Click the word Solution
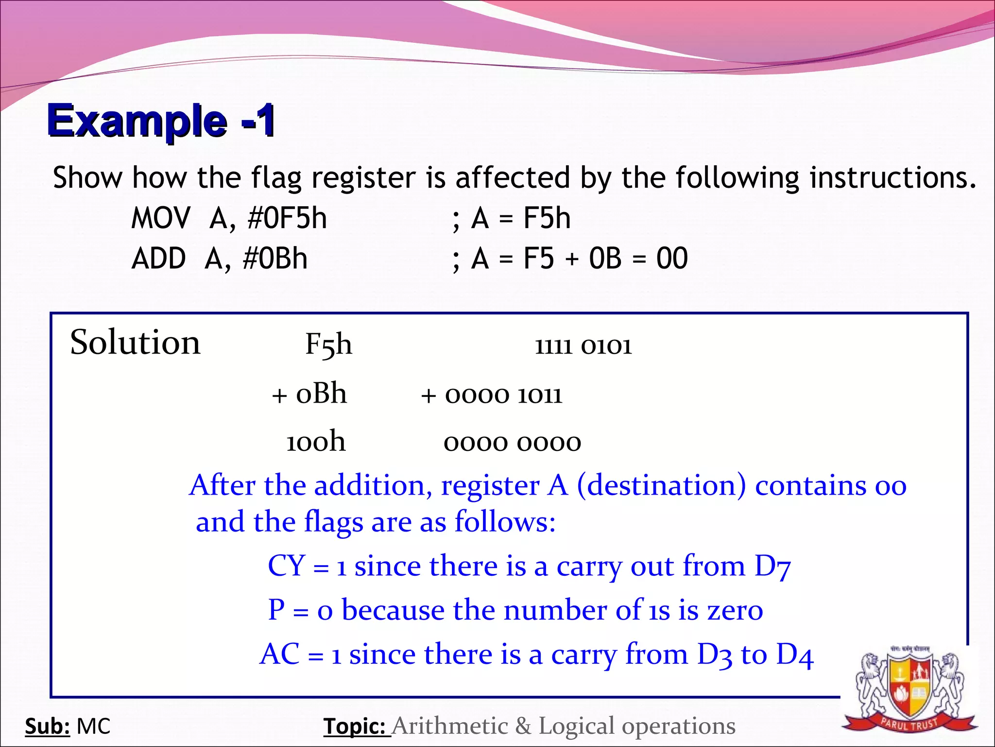pyautogui.click(x=135, y=342)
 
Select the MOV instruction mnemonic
pyautogui.click(x=161, y=218)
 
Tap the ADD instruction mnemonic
pyautogui.click(x=158, y=258)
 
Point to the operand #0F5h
pyautogui.click(x=287, y=218)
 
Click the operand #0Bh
pyautogui.click(x=275, y=258)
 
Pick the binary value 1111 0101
pyautogui.click(x=583, y=346)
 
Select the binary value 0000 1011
pyautogui.click(x=503, y=395)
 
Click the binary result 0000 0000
pyautogui.click(x=512, y=443)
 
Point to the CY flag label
pyautogui.click(x=287, y=566)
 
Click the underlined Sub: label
pyautogui.click(x=48, y=727)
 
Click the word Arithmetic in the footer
pyautogui.click(x=450, y=726)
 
